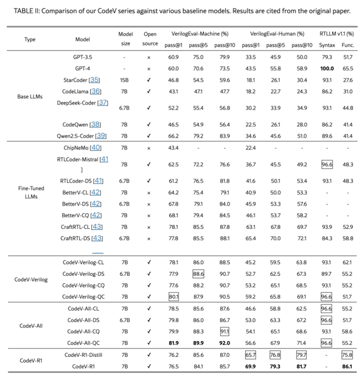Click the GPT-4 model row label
pos(83,68)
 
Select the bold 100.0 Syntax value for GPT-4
pos(326,68)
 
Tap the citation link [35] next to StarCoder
pos(94,80)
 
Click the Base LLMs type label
pos(30,96)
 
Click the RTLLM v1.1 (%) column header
pos(336,34)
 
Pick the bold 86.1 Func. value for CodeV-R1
pos(347,366)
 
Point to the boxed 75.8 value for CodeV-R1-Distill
pos(347,355)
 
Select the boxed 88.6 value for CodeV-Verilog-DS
pos(198,274)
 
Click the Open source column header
pos(150,39)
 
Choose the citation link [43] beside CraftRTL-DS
pos(97,238)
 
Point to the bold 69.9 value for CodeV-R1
pos(250,366)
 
